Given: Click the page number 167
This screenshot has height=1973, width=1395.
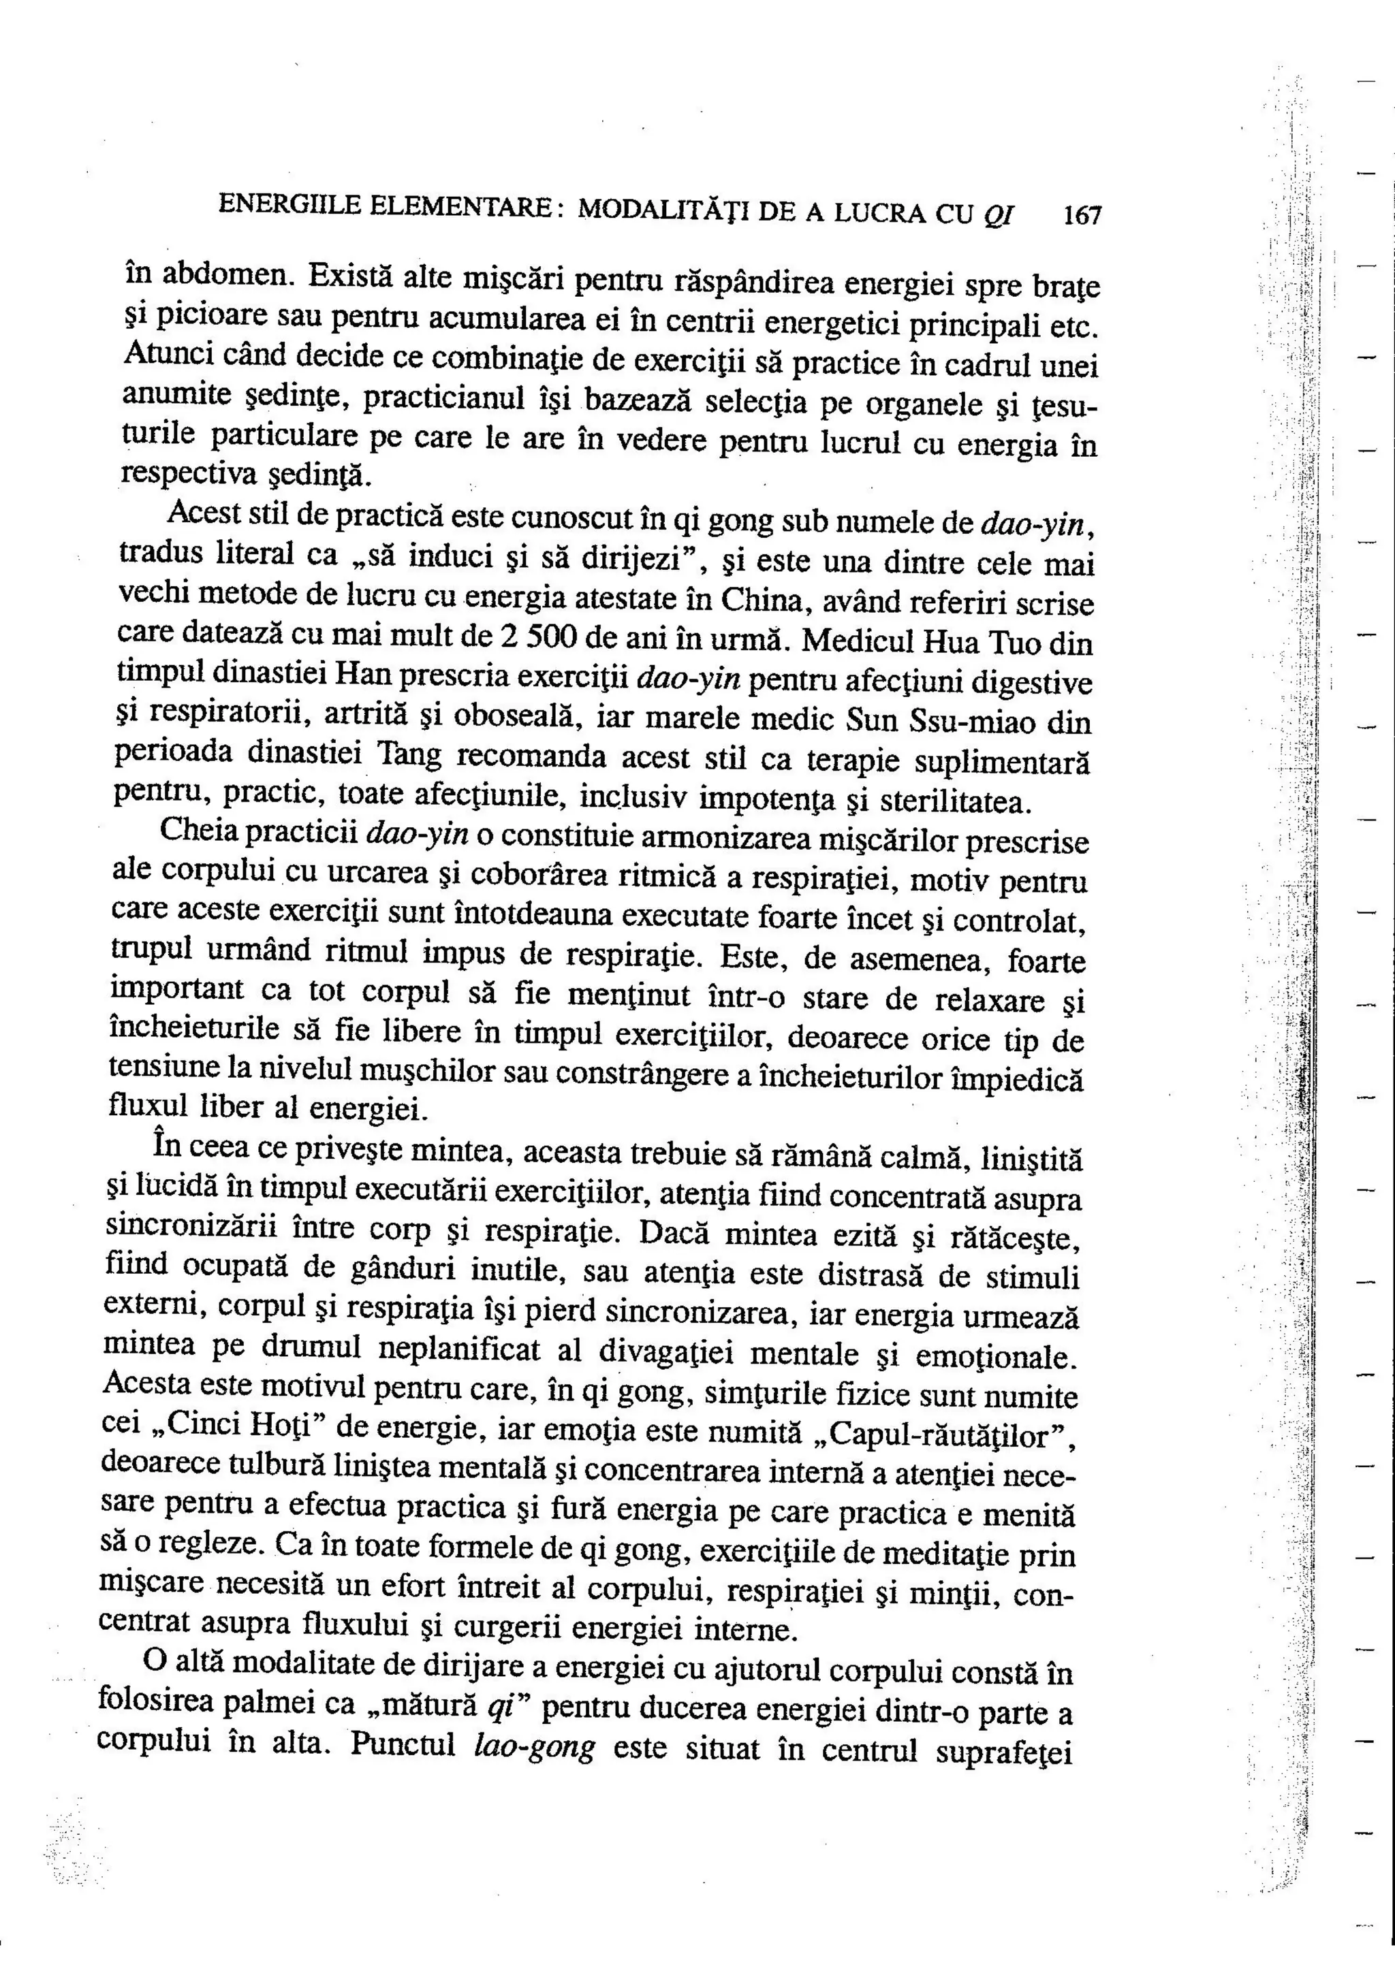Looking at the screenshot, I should [x=1081, y=215].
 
